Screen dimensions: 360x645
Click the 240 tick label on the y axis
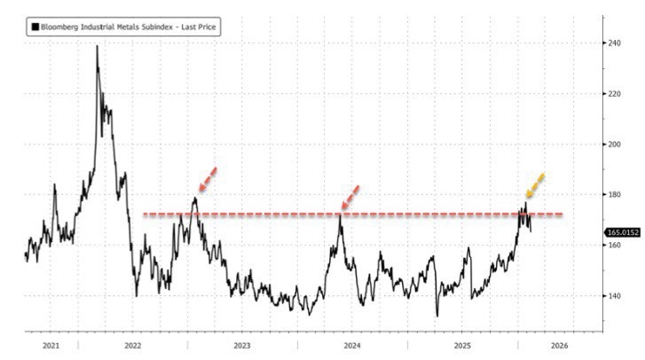point(614,43)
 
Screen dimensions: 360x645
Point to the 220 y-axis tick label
point(614,93)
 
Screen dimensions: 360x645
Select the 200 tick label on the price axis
point(614,144)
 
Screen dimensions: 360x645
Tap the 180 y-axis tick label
point(614,194)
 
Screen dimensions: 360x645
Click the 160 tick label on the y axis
point(614,245)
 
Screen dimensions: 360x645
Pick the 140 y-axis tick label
point(614,295)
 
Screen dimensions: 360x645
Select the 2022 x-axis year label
point(133,346)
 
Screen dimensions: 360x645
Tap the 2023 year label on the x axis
point(242,346)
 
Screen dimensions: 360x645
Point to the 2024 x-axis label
point(351,346)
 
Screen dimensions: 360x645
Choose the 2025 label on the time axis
point(460,346)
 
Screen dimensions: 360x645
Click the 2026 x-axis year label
point(559,346)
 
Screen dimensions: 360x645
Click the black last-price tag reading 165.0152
point(623,232)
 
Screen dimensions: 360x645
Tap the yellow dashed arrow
point(535,185)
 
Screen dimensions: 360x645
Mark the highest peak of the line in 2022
point(97,46)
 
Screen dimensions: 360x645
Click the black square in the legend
point(35,27)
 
